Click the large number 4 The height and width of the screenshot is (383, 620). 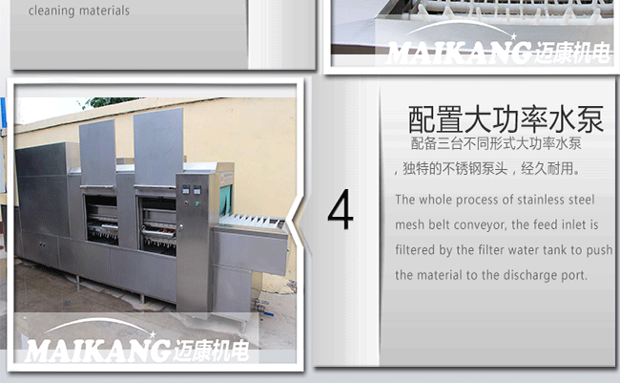coord(341,209)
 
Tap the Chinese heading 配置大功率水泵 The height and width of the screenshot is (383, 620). coord(506,119)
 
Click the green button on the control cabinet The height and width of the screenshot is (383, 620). coord(196,204)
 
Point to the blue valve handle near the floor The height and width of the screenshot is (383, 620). coord(268,313)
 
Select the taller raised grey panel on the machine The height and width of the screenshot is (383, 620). coord(158,147)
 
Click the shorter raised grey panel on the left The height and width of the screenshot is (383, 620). coord(97,153)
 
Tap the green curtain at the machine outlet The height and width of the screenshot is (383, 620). coord(226,201)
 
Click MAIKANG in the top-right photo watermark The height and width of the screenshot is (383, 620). coord(459,53)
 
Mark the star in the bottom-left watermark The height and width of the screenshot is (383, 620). coord(153,334)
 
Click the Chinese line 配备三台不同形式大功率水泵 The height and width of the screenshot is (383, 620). coord(496,144)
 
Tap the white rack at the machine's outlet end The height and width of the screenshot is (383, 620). coord(253,221)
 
